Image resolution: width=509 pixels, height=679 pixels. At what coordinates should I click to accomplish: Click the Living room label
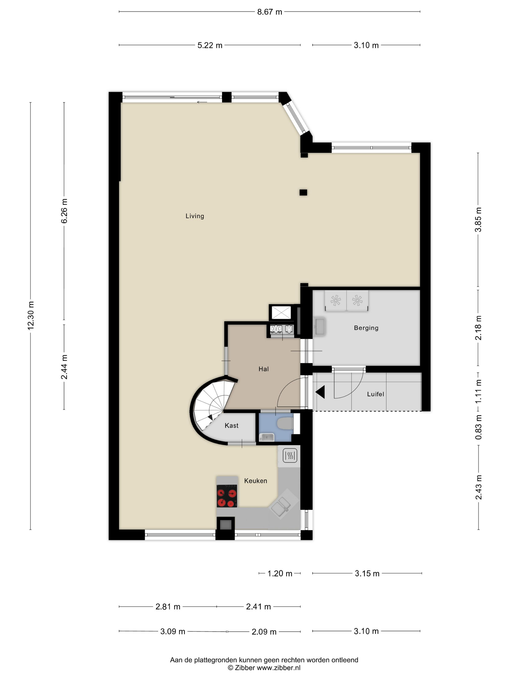(x=195, y=216)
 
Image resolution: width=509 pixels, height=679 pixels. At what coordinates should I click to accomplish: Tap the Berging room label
(x=366, y=328)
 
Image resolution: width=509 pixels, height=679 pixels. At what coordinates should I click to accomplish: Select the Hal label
(x=263, y=369)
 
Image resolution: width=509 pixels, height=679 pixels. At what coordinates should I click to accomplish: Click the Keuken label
(x=255, y=481)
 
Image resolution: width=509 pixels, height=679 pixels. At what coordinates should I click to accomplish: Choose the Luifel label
(x=375, y=394)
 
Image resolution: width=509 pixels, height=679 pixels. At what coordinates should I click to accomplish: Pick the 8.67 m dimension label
(x=269, y=12)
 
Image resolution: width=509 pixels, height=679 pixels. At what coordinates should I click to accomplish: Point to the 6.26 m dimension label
(x=64, y=211)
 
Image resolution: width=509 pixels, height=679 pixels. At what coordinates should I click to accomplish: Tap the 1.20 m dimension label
(x=279, y=574)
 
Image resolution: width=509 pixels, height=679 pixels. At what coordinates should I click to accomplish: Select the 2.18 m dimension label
(x=478, y=328)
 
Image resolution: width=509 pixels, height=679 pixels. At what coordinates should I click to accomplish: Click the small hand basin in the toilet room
(x=266, y=437)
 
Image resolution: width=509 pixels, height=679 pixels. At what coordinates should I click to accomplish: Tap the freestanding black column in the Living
(x=303, y=193)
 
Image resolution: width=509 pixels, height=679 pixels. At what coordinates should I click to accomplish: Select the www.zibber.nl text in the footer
(x=278, y=668)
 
